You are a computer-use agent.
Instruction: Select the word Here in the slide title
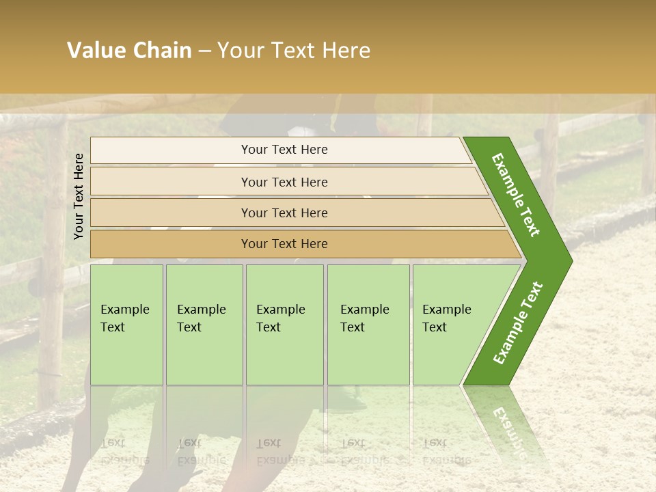point(346,51)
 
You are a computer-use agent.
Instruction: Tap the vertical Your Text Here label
point(79,196)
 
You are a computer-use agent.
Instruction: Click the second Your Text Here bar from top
point(284,182)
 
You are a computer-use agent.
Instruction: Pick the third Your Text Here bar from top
point(284,213)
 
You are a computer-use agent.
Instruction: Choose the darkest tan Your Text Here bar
point(284,244)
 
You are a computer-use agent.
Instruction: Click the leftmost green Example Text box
point(126,325)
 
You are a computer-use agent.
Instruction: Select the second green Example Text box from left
point(204,325)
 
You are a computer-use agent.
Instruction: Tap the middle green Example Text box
point(284,325)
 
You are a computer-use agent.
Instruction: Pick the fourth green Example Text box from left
point(368,325)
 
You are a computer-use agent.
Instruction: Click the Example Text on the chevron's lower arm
point(518,323)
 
